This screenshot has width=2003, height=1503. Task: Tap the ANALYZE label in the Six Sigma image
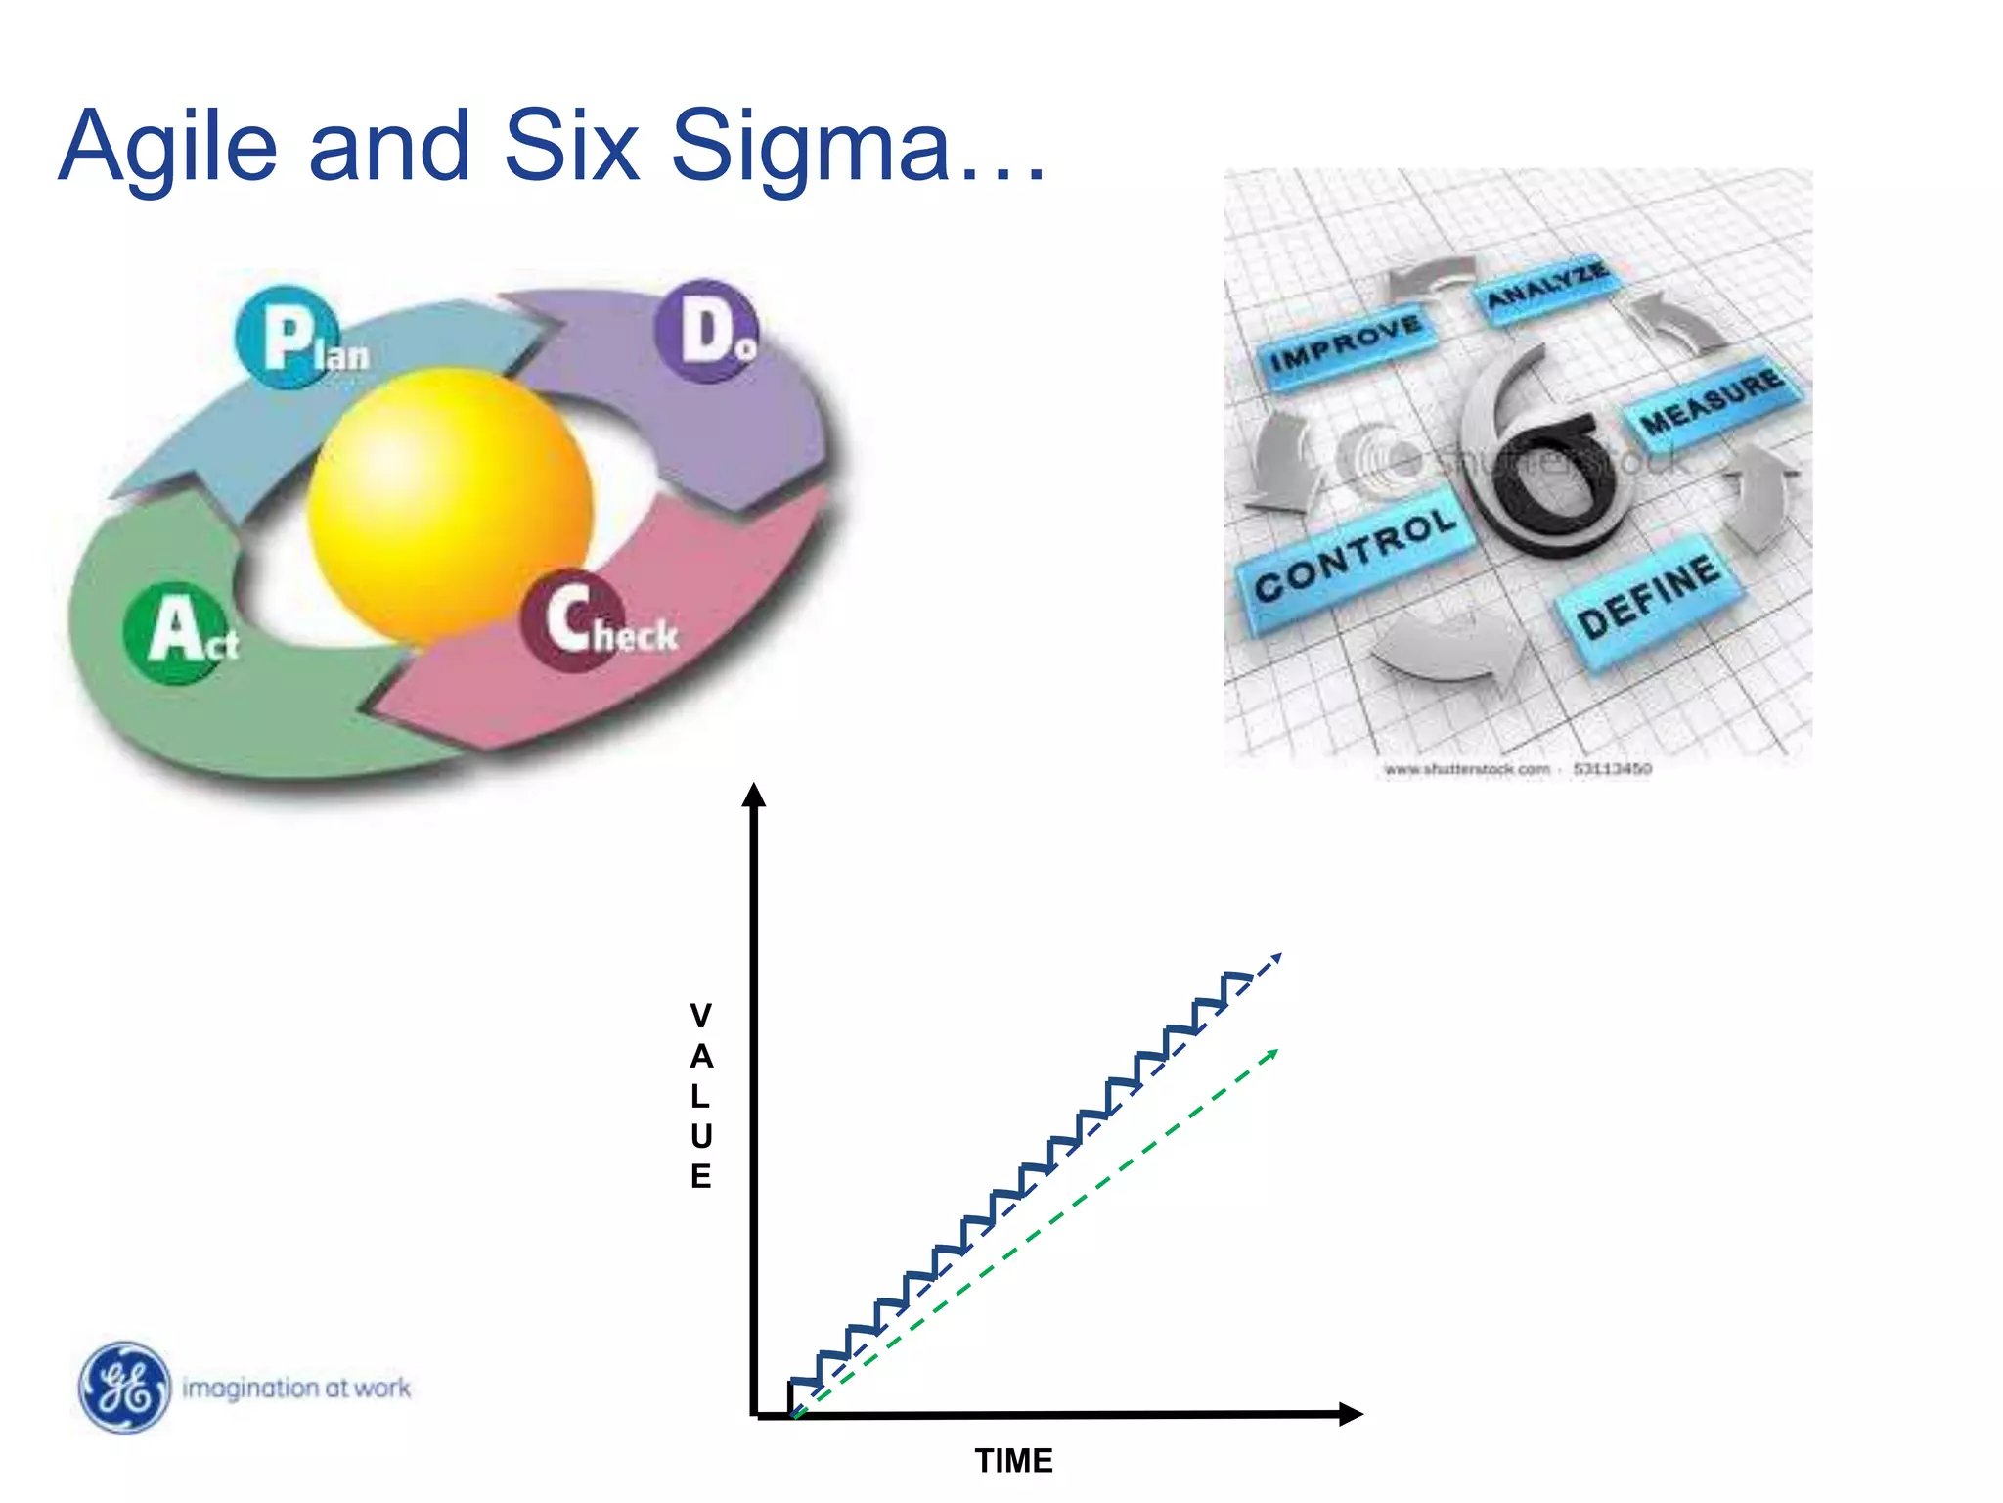click(x=1545, y=285)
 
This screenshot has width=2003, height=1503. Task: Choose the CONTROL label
click(x=1356, y=555)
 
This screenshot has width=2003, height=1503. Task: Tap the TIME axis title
click(x=1013, y=1461)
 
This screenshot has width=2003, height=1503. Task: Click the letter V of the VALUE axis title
click(x=700, y=1016)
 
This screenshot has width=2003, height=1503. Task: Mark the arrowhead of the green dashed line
click(x=1271, y=1055)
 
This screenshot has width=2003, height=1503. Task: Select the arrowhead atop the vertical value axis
click(x=753, y=795)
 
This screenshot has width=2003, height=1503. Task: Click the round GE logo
click(x=124, y=1388)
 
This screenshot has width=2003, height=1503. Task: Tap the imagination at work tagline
click(x=296, y=1388)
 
